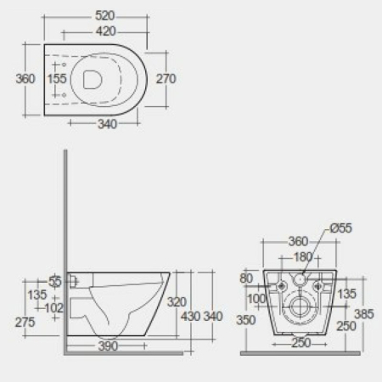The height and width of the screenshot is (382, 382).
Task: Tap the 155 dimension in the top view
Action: click(57, 78)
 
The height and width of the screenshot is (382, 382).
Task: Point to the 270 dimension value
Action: click(166, 78)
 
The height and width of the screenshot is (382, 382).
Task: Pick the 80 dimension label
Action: click(247, 277)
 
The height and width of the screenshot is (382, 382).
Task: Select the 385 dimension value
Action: click(363, 313)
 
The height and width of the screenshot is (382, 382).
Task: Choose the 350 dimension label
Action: click(247, 321)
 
